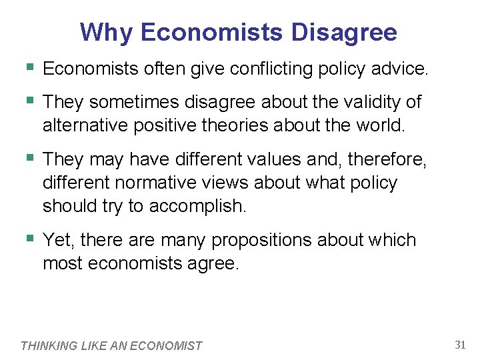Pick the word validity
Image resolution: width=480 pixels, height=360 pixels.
tap(369, 102)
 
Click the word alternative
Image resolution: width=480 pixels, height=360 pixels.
tap(87, 125)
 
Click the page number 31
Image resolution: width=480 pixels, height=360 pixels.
tap(459, 345)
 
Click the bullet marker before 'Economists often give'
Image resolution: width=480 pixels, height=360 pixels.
tap(28, 67)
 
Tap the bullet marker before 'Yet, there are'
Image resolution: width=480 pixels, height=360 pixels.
tap(28, 239)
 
